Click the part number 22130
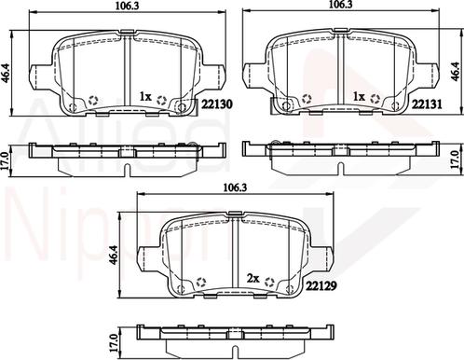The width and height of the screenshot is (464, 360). coord(217,104)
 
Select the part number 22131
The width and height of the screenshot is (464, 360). coord(427,104)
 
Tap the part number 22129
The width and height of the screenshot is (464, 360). coord(321,285)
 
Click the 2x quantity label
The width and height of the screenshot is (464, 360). coord(252,279)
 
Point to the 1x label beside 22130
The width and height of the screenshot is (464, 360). coord(145,97)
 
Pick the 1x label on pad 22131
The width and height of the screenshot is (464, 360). coord(359,97)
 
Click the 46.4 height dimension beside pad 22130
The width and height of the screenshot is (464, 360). coord(6,73)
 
